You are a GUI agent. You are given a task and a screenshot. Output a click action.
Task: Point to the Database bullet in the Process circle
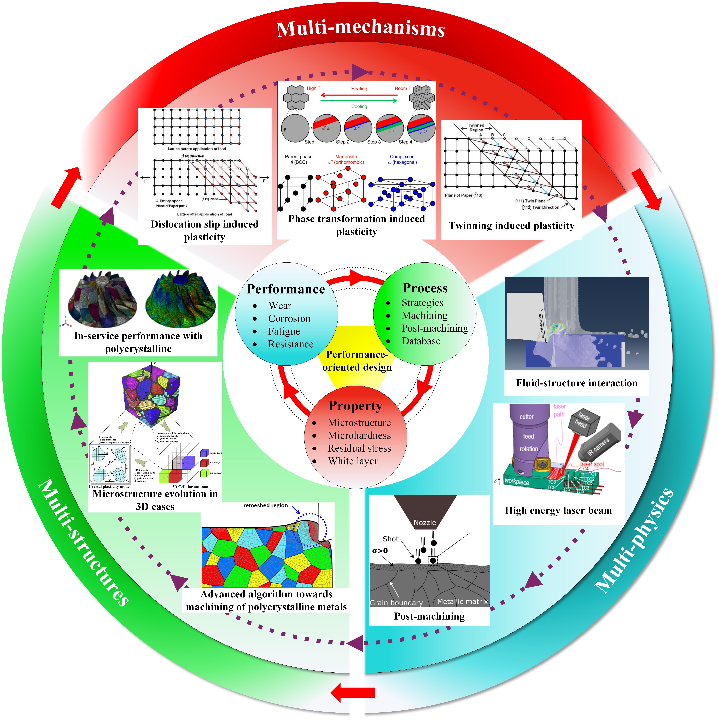[x=421, y=341]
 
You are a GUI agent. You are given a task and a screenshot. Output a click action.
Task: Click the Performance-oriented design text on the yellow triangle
[x=357, y=361]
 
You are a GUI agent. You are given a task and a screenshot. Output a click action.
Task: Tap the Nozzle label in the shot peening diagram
[x=425, y=523]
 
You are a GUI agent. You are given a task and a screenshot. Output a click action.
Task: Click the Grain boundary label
[x=396, y=603]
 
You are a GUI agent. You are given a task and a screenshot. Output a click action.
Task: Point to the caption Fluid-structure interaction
[x=576, y=383]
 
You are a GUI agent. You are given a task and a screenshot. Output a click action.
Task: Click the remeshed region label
[x=266, y=505]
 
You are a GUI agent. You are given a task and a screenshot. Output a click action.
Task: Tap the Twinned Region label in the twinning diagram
[x=476, y=127]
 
